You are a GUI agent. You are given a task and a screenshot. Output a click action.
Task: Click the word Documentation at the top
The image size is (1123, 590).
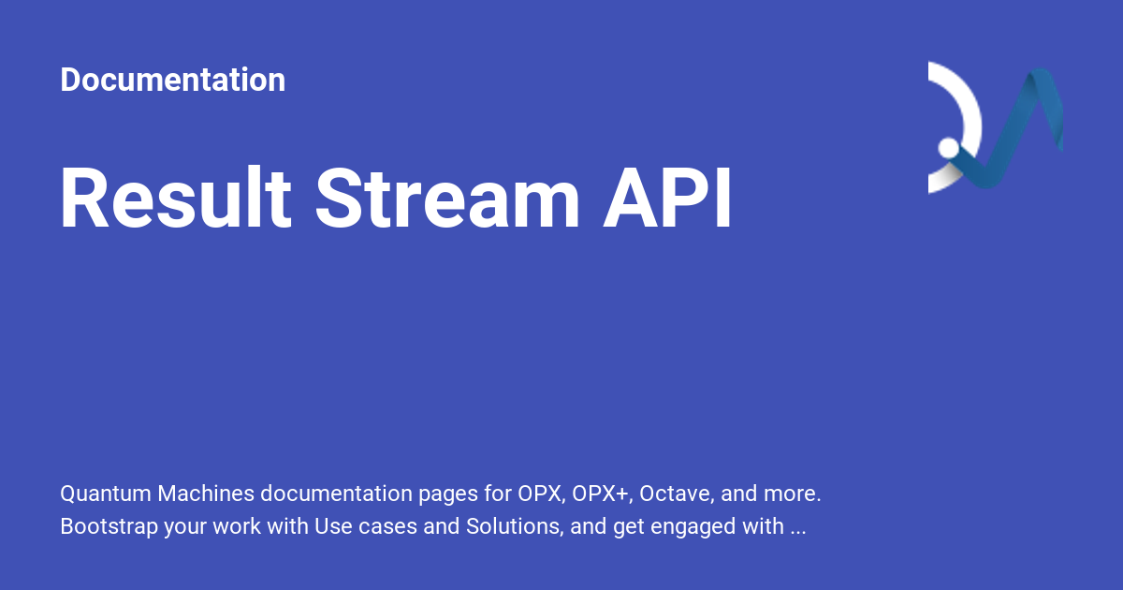pos(172,81)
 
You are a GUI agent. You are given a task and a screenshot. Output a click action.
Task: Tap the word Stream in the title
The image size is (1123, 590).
pos(447,199)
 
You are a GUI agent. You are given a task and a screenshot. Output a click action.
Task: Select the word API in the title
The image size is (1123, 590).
pos(667,199)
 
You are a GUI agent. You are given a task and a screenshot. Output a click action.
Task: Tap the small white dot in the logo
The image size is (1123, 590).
pos(948,148)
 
